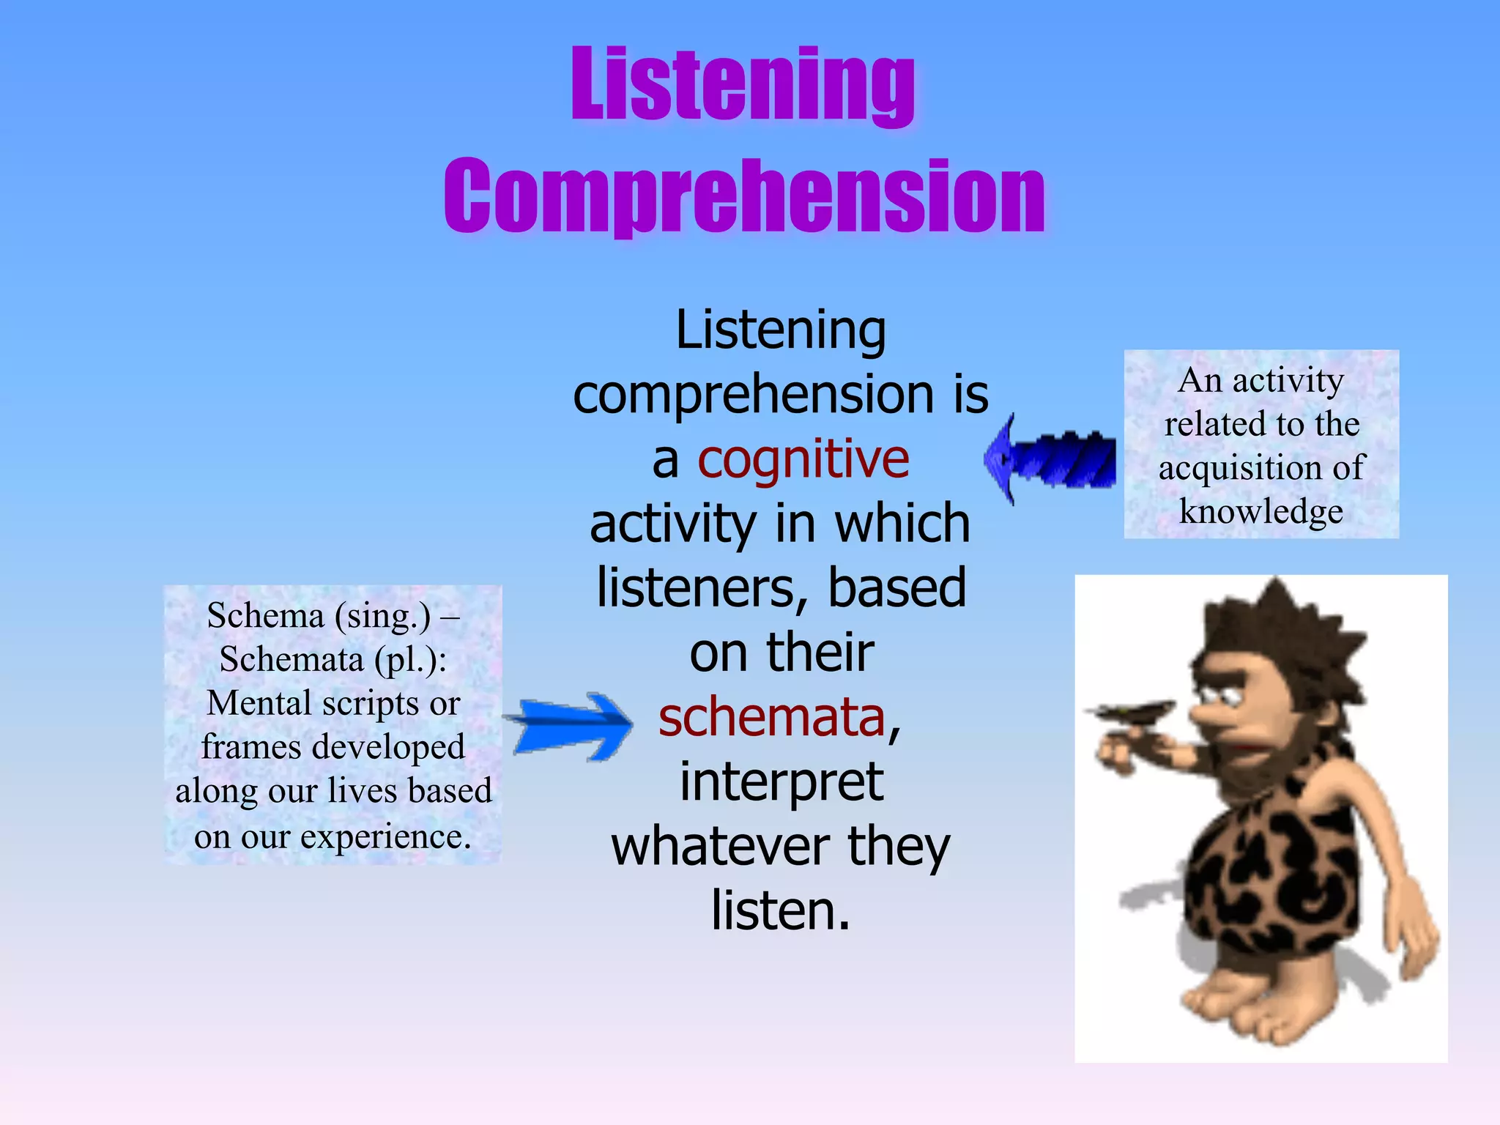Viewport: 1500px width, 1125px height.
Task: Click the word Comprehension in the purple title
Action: tap(744, 196)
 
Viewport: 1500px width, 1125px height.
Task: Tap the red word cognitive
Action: tap(803, 460)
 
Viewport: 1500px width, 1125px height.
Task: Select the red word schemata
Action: tap(772, 718)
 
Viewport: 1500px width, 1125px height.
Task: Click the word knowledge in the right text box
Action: tap(1260, 511)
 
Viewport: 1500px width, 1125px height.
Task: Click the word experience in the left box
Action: tap(385, 836)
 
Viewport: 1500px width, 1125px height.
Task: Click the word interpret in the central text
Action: tap(781, 782)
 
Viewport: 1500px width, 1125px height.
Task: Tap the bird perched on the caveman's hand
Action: tap(1132, 712)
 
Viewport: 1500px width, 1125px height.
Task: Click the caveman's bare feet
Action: tap(1245, 1003)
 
